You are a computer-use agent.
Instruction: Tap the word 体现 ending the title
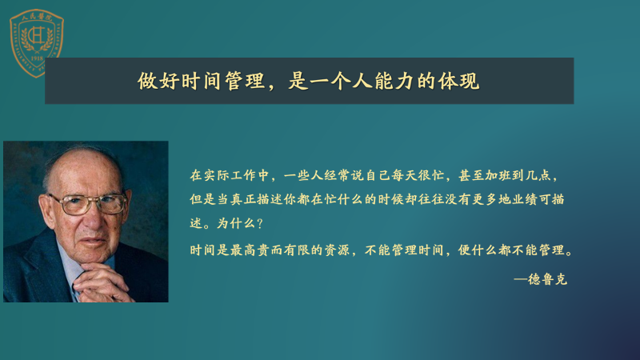click(x=458, y=81)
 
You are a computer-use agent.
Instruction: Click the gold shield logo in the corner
click(x=37, y=43)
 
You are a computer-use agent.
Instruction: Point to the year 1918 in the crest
click(x=37, y=58)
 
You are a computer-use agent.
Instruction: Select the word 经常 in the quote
click(x=338, y=175)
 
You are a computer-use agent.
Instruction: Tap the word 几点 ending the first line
click(x=538, y=175)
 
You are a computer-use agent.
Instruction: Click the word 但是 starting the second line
click(x=203, y=199)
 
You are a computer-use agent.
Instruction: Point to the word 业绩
click(x=525, y=199)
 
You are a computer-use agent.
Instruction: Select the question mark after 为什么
click(x=261, y=224)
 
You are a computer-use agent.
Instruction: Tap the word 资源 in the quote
click(x=338, y=250)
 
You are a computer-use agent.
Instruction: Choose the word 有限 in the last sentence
click(x=298, y=250)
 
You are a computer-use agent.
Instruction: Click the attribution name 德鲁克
click(x=548, y=279)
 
